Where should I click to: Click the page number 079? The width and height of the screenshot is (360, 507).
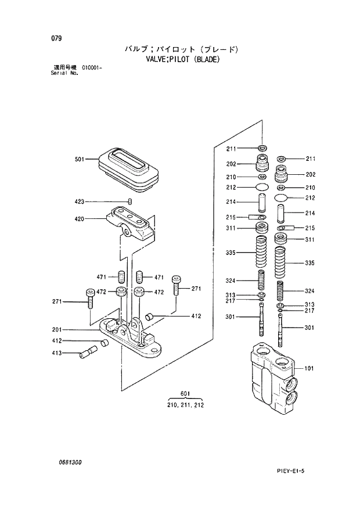(56, 38)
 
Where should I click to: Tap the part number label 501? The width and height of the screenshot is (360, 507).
(80, 160)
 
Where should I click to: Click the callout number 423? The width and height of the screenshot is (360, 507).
(80, 202)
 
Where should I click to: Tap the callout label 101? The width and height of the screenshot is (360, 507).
(309, 368)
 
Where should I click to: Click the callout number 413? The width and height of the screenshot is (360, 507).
(57, 353)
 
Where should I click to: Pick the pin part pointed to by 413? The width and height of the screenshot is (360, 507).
(91, 353)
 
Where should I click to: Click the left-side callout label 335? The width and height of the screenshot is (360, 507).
(231, 253)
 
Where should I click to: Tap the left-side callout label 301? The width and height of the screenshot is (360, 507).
(231, 317)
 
